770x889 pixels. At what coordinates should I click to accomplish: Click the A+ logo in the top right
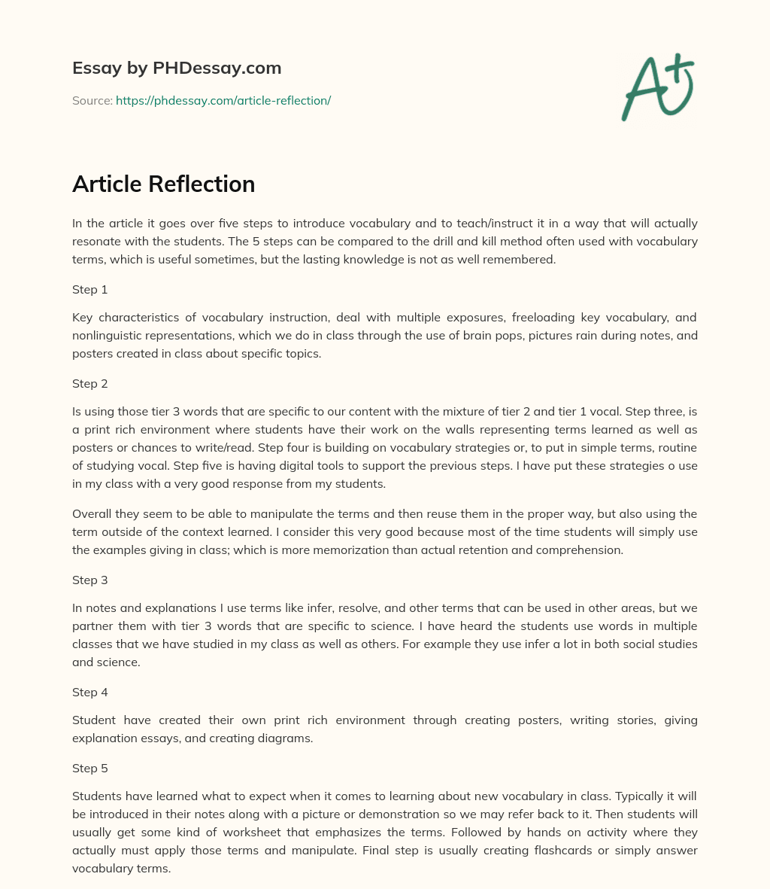(x=658, y=88)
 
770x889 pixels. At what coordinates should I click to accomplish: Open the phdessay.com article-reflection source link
(x=223, y=100)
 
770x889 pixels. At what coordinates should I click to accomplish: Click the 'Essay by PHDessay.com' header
(x=177, y=68)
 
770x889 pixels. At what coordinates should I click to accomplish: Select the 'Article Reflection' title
(x=163, y=184)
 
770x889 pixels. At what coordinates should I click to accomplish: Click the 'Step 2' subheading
(x=90, y=383)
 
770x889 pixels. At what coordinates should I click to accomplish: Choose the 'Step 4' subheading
(x=90, y=692)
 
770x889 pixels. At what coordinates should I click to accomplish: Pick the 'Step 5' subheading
(x=90, y=768)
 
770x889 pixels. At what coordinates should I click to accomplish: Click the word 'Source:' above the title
(x=92, y=100)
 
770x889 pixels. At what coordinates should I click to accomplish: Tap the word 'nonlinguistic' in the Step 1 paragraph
(x=107, y=335)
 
